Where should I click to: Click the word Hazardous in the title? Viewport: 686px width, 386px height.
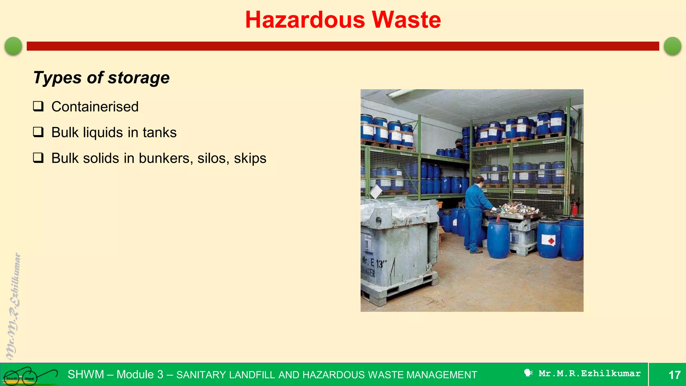click(305, 20)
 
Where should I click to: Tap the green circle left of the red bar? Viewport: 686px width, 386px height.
click(13, 46)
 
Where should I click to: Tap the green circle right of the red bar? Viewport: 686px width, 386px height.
click(672, 46)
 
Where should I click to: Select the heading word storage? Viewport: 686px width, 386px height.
click(139, 78)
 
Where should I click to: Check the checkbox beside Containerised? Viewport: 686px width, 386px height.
click(38, 106)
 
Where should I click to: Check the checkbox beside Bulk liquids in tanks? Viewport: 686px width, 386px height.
click(38, 132)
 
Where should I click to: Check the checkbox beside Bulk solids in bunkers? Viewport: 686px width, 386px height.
click(38, 157)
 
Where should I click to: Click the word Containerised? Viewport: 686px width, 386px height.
click(95, 107)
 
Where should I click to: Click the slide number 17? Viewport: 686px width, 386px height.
click(674, 375)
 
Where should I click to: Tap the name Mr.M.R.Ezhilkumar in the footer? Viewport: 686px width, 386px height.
click(590, 374)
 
